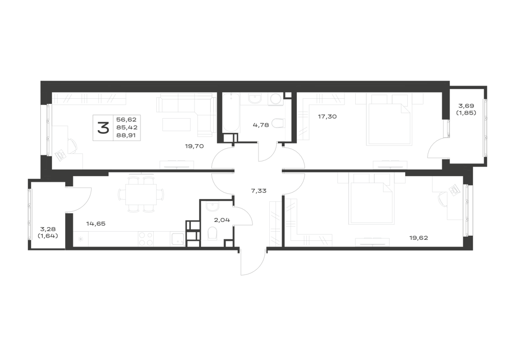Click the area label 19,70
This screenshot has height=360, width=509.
point(194,146)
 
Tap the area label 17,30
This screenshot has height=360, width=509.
point(327,117)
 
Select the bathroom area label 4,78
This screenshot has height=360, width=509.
point(261,125)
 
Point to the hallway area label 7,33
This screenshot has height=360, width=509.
point(259,191)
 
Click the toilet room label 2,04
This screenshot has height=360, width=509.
point(222,220)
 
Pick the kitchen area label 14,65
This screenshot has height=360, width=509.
point(96,224)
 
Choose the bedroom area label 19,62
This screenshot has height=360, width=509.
point(418,238)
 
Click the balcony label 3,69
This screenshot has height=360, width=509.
point(466,106)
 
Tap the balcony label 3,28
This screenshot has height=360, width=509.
point(48,230)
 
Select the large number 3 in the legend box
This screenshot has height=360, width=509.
point(103,128)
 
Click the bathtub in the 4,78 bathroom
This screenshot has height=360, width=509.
point(231,113)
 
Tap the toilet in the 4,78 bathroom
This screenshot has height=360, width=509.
point(277,123)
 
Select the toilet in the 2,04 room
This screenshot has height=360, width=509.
point(212,233)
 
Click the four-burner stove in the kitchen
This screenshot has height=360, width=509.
point(146,239)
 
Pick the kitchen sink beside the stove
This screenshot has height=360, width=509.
point(178,239)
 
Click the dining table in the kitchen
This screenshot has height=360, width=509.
point(141,195)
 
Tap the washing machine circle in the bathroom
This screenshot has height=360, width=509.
point(276,99)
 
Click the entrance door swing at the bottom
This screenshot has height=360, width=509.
point(253,263)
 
